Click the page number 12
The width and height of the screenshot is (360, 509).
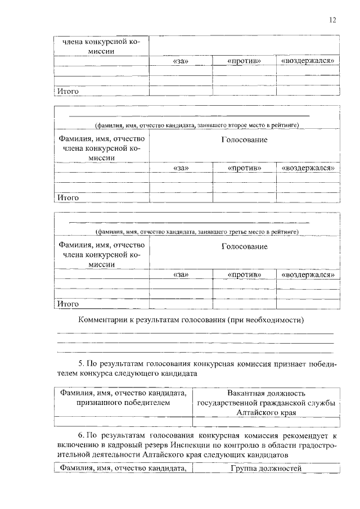coord(332,20)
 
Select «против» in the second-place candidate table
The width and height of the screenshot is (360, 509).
coord(244,168)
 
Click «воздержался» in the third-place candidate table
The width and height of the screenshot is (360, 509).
coord(308,274)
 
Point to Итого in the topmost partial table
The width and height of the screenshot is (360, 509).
coord(66,91)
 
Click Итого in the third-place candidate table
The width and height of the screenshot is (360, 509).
coord(66,304)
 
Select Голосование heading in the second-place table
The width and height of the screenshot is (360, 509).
coord(244,139)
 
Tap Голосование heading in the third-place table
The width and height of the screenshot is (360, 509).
coord(244,246)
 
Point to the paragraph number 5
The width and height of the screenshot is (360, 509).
coord(80,363)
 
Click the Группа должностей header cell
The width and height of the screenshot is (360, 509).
coord(266,469)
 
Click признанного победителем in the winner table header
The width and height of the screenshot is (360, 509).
coord(123,403)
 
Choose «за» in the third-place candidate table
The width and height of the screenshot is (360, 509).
coord(181,274)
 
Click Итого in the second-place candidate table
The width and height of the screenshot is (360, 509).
coord(66,197)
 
